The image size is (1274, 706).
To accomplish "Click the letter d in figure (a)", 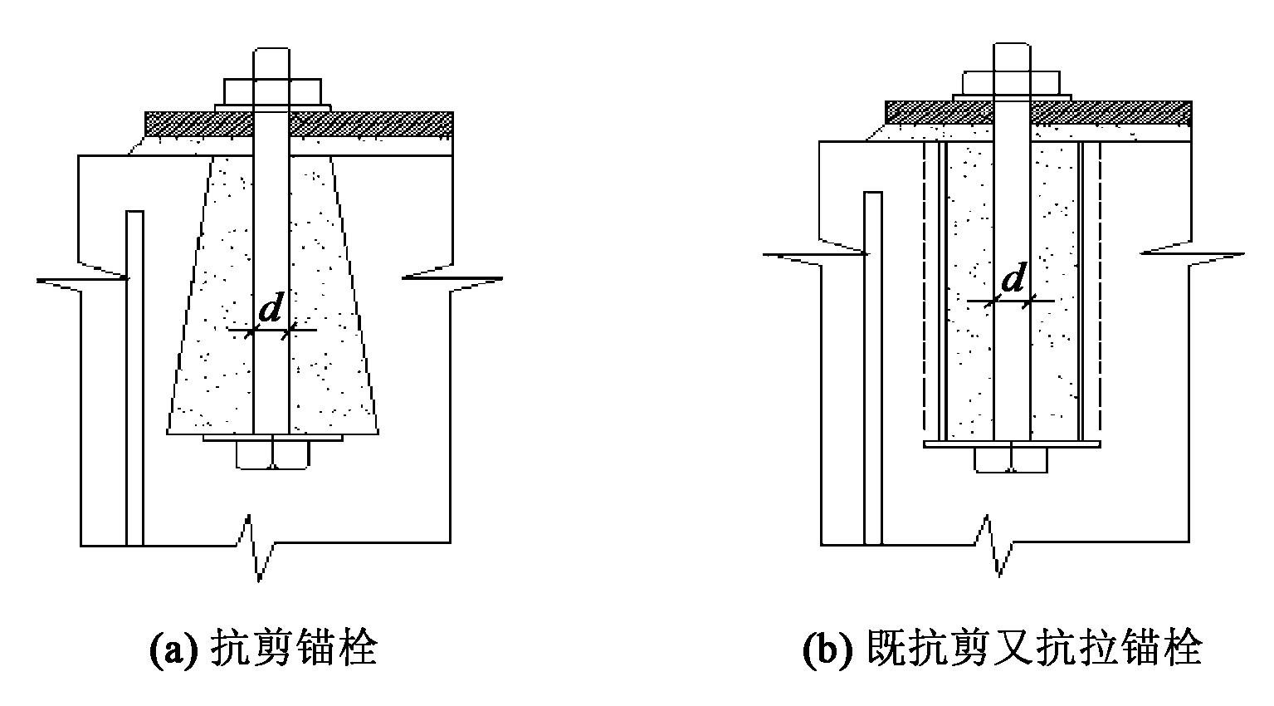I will [x=271, y=310].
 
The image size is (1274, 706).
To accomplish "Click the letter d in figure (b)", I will [x=1013, y=280].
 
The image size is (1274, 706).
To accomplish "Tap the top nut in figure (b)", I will [x=1011, y=81].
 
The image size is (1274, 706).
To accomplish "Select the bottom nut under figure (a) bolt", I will [x=272, y=454].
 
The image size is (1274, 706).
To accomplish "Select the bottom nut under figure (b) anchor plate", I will [x=1011, y=460].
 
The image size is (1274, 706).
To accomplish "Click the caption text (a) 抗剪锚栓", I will [x=263, y=649].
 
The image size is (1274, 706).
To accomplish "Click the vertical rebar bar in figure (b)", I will [x=872, y=365].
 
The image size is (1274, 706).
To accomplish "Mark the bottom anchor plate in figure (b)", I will [x=1012, y=444].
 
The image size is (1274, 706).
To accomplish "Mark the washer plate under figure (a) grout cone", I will [x=272, y=437].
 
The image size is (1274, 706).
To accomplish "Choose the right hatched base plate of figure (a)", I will [x=370, y=124].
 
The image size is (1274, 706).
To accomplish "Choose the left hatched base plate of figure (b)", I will [x=938, y=112].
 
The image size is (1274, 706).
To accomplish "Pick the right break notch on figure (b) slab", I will [x=1195, y=254].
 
